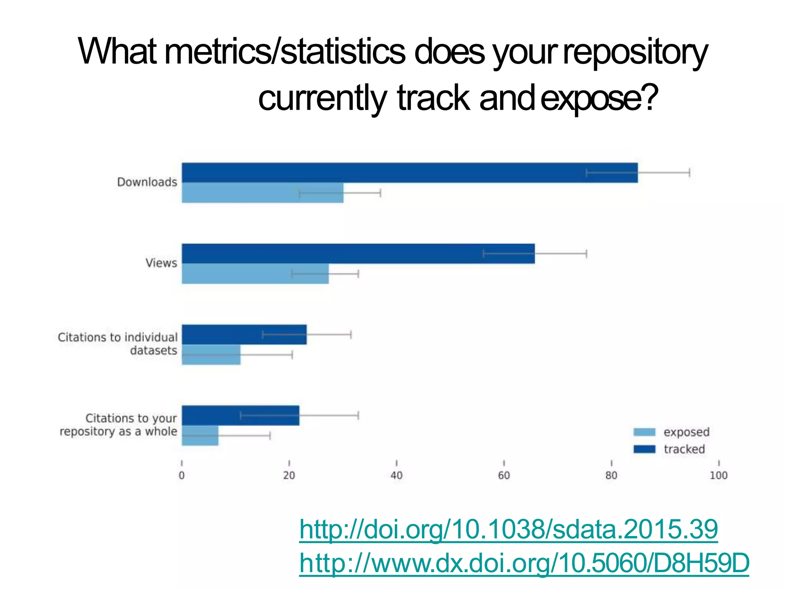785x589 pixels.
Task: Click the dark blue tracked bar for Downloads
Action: coord(409,173)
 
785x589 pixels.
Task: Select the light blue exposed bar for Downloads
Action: coord(262,192)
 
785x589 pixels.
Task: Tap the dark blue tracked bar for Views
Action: coord(358,253)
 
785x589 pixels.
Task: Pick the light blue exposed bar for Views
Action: coord(255,273)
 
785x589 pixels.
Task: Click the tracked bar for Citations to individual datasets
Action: coord(244,334)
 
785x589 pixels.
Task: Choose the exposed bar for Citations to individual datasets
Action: coord(211,355)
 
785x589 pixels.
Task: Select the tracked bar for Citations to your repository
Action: coord(240,415)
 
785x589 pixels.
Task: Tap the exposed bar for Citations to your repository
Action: coord(200,436)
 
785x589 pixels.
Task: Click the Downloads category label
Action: coord(147,182)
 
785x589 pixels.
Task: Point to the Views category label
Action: coord(161,263)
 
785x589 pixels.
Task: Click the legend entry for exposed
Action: coord(672,432)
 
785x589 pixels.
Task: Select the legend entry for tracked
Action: coord(669,449)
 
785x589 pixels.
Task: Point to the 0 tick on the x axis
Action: coord(182,475)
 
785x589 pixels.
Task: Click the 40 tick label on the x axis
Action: coord(396,475)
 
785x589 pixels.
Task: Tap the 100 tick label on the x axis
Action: coord(718,475)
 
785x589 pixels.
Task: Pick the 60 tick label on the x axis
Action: coord(504,475)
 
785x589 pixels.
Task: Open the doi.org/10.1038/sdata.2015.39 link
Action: coord(508,529)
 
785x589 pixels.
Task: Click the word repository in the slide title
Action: coord(635,53)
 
